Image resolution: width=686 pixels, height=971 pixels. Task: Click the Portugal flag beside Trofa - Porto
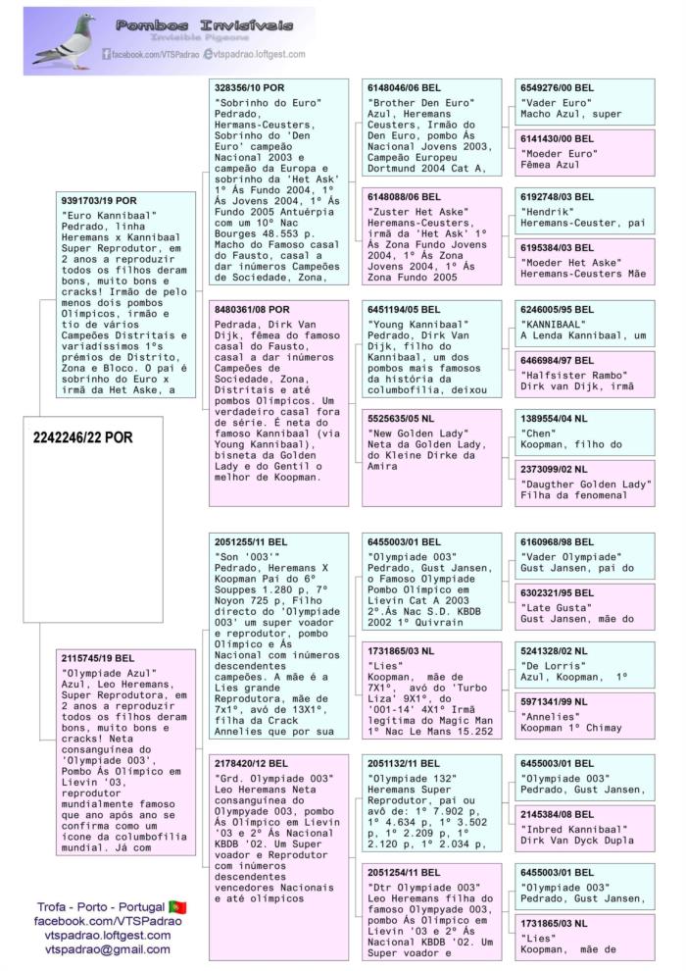(177, 906)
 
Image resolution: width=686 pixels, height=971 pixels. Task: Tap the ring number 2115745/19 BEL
(99, 657)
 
